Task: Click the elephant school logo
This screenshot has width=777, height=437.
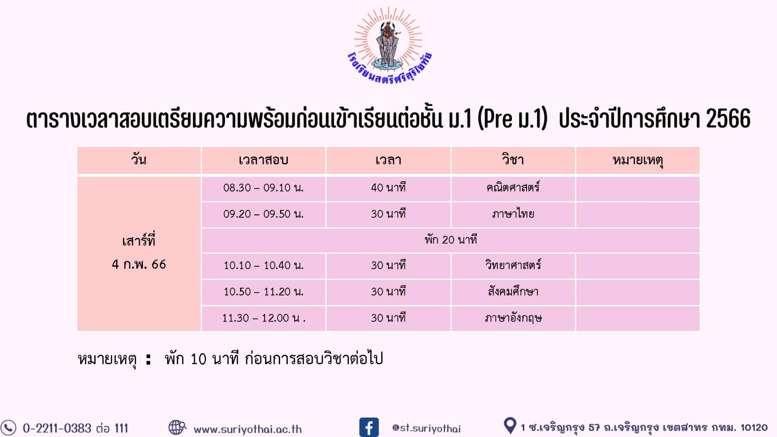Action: coord(389,46)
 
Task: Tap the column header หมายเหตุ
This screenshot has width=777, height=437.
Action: coord(638,161)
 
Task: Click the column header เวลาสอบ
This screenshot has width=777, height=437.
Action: coord(263,160)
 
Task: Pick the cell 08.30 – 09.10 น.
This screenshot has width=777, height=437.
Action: coord(263,188)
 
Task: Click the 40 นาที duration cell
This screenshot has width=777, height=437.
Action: coord(388,188)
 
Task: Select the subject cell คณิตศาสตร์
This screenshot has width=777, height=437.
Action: coord(513,188)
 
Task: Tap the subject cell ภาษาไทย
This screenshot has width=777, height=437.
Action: coord(513,213)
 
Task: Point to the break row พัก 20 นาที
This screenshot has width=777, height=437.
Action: coord(450,239)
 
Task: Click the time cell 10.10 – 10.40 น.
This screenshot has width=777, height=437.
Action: coord(263,265)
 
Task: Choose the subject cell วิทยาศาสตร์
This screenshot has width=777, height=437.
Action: coord(513,265)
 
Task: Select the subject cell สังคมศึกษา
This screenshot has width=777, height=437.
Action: coord(513,291)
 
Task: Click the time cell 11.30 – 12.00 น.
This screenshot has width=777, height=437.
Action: coord(264,318)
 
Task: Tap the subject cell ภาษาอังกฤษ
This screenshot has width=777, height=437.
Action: coord(513,318)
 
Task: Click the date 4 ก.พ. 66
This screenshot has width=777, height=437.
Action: coord(139,264)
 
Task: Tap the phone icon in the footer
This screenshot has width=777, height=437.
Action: coord(8,428)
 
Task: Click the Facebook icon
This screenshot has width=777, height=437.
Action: coord(369,427)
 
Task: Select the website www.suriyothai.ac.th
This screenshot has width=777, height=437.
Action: coord(248,429)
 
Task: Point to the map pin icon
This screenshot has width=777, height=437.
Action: coord(510,426)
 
